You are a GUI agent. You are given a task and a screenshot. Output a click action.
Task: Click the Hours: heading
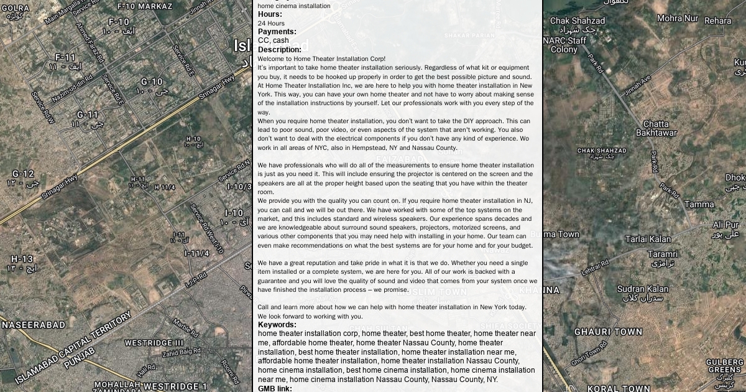[x=270, y=14]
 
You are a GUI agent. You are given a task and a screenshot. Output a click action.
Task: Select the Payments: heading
[x=277, y=32]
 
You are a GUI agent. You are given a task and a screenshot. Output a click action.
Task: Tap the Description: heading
[x=279, y=50]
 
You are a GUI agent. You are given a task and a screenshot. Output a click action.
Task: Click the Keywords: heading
[x=277, y=325]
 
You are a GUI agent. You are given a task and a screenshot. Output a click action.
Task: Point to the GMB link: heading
[x=275, y=388]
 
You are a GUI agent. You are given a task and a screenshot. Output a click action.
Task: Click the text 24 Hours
[x=271, y=23]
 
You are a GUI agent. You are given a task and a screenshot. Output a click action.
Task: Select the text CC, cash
[x=273, y=40]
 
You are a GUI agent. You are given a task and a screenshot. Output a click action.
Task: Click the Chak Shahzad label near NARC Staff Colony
[x=577, y=21]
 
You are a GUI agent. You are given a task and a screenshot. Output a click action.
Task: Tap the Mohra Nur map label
[x=678, y=18]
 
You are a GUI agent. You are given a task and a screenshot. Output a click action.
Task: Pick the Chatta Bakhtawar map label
[x=656, y=128]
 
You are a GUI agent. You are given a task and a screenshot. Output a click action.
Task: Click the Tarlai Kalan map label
[x=648, y=239]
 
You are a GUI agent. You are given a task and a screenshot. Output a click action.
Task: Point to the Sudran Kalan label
[x=643, y=289]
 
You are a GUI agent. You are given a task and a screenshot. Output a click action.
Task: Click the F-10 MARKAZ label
[x=145, y=6]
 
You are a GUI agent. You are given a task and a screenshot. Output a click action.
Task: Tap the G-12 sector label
[x=23, y=174]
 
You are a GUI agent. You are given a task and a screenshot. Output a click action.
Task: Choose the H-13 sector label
[x=22, y=259]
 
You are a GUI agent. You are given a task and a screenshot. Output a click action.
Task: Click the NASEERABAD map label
[x=33, y=325]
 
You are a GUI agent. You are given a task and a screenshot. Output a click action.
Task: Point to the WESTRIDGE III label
[x=154, y=343]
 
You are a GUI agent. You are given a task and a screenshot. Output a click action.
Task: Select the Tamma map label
[x=699, y=204]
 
